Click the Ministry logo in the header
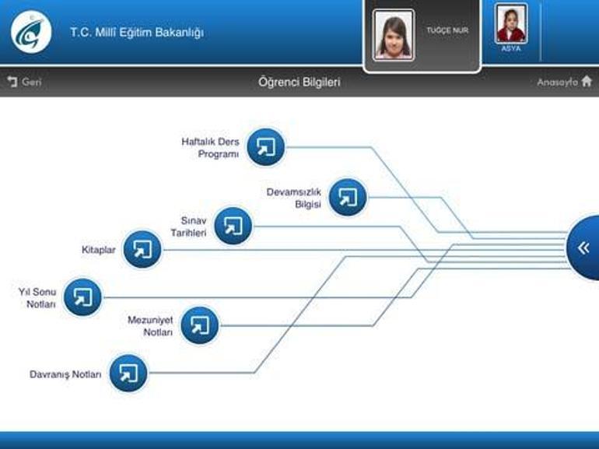point(31,32)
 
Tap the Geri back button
point(24,82)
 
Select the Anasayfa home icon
point(587,82)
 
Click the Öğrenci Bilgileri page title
point(299,82)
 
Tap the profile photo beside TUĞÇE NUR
point(394,35)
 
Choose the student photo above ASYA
point(511,23)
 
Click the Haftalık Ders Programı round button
point(266,147)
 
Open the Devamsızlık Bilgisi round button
point(348,197)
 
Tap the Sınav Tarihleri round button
point(233,226)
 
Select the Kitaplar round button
point(142,250)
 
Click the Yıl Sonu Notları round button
point(82,297)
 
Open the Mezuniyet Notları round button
point(200,325)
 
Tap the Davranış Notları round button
point(128,374)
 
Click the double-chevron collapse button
point(583,248)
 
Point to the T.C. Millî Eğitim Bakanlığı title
point(137,32)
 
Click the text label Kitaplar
point(99,250)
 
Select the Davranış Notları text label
point(65,374)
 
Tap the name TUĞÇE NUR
point(447,30)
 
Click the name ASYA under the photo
point(511,48)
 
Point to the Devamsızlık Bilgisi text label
point(294,198)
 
